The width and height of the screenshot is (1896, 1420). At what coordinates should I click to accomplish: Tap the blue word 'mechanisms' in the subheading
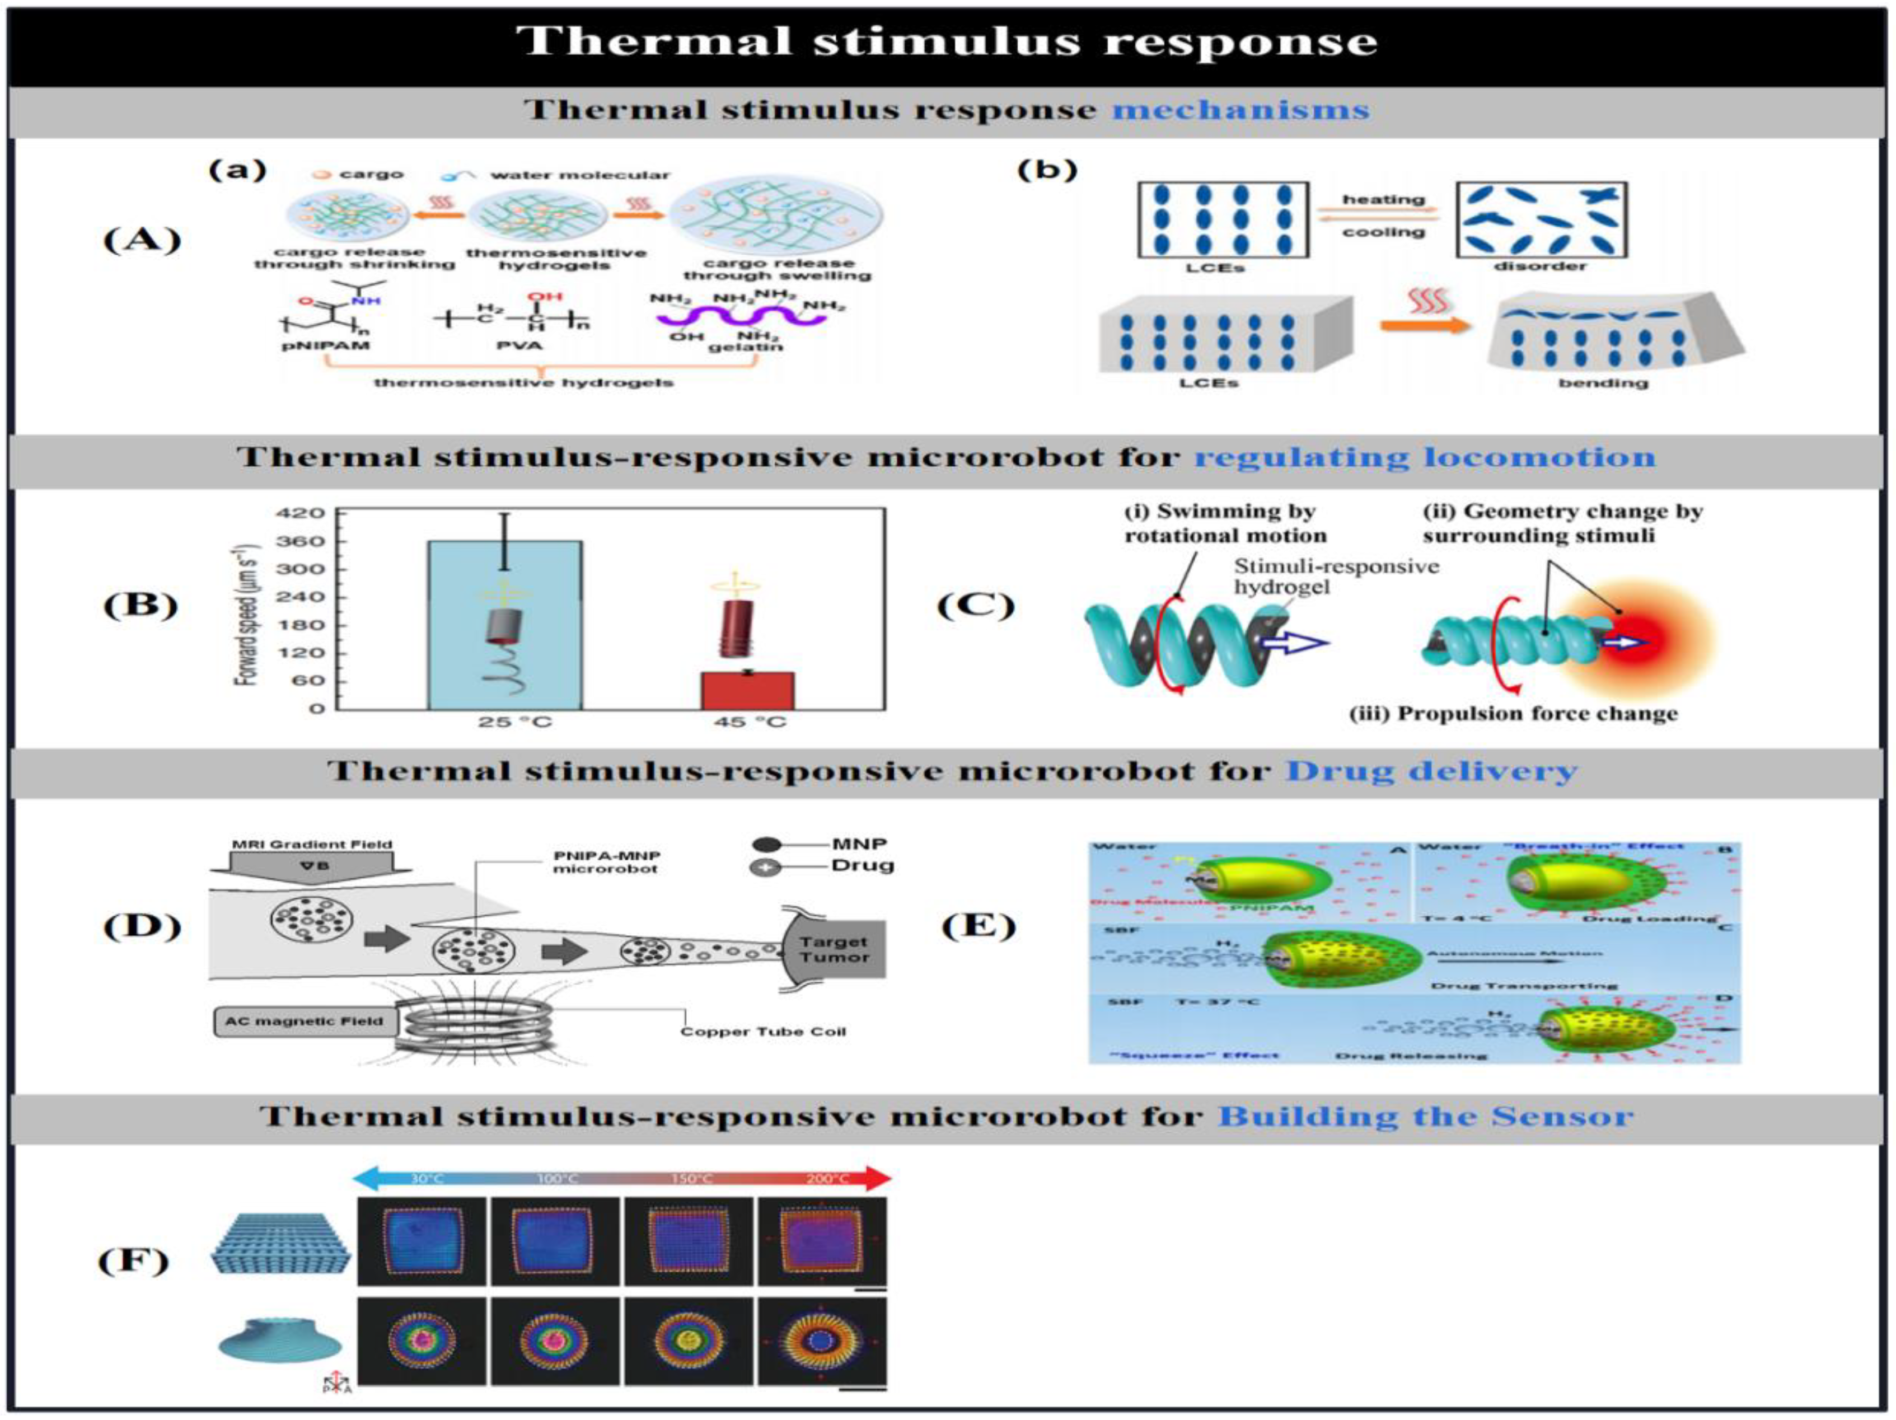(1240, 110)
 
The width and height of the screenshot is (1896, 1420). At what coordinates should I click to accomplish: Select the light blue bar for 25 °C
(505, 626)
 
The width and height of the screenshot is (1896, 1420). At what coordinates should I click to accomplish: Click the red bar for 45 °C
(747, 691)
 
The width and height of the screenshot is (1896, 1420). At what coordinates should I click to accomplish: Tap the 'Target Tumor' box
(833, 949)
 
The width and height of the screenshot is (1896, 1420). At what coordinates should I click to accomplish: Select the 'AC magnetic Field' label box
(305, 1021)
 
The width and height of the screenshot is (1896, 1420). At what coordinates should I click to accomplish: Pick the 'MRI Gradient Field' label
(311, 844)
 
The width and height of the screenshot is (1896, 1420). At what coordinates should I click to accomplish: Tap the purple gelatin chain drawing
(741, 317)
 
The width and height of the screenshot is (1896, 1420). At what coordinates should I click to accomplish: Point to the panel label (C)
(975, 605)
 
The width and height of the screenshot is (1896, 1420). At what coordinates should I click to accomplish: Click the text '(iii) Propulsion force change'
(1513, 714)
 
